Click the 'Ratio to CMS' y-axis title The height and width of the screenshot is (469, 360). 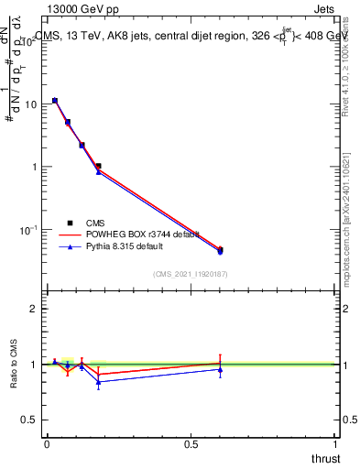click(x=14, y=365)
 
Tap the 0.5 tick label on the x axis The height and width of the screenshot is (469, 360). click(x=191, y=443)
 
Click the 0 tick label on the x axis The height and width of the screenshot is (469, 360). click(x=47, y=443)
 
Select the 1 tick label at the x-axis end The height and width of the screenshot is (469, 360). click(x=335, y=443)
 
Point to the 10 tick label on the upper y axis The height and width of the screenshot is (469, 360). click(x=30, y=104)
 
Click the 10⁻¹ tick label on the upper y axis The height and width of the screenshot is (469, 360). click(x=28, y=230)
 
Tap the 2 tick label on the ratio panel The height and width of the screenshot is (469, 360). click(x=33, y=309)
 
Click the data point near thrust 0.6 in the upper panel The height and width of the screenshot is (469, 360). click(x=220, y=250)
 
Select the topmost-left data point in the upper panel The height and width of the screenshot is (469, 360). click(x=55, y=101)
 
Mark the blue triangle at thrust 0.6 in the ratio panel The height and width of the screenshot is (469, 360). click(x=220, y=369)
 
